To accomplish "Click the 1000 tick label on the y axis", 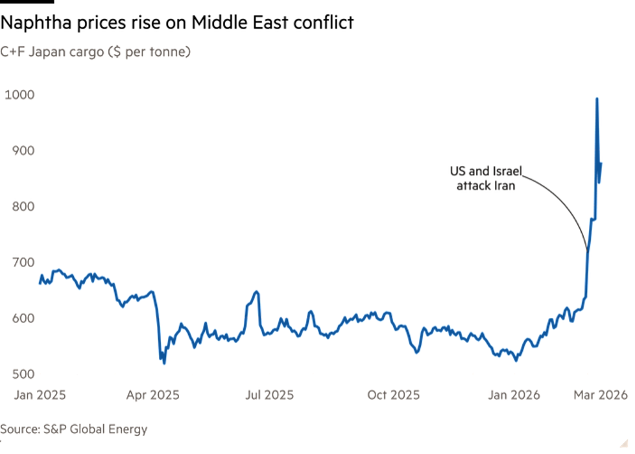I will [x=18, y=95].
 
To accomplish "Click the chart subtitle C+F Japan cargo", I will [x=95, y=52].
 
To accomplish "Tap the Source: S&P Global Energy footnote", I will [x=74, y=429].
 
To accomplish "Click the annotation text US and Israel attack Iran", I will [x=486, y=178].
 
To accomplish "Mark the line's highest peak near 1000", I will [x=597, y=98].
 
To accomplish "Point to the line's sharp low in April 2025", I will [x=164, y=363].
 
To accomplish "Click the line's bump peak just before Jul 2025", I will [x=256, y=291].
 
